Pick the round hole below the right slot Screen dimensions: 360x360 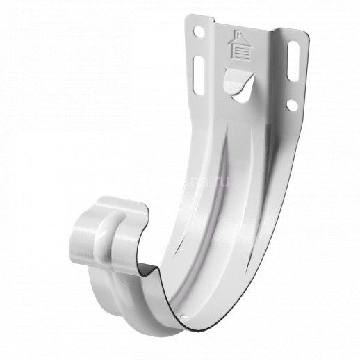(x=292, y=104)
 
